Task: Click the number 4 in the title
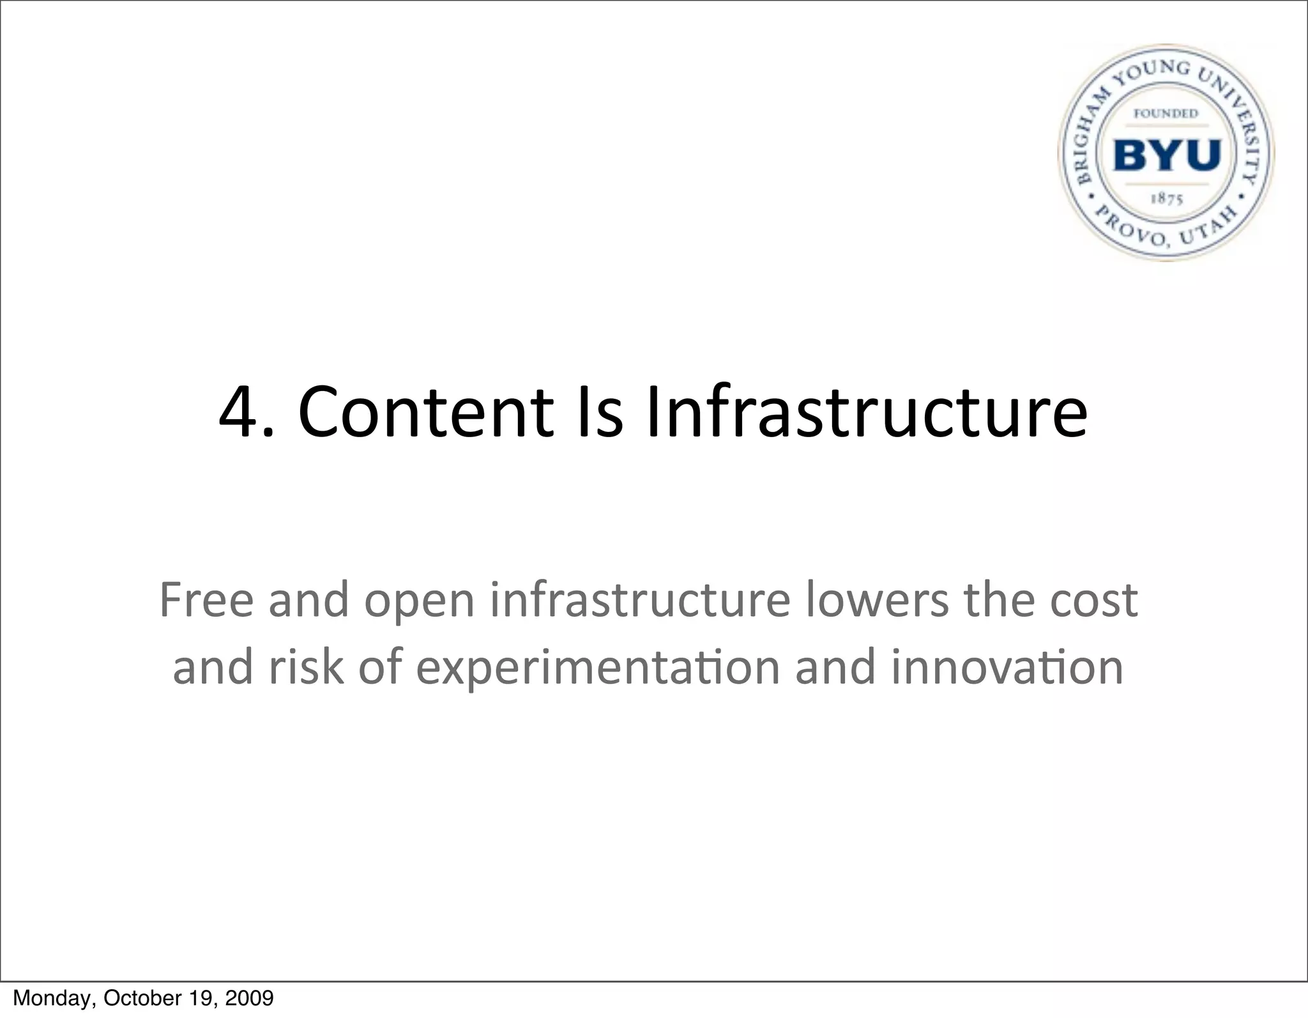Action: click(238, 412)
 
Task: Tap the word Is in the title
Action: click(599, 412)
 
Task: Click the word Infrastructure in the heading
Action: click(866, 412)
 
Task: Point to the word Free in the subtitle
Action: click(206, 600)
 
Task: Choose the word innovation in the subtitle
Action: click(1007, 667)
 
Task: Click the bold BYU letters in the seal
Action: click(1167, 155)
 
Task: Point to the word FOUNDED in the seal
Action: click(1166, 114)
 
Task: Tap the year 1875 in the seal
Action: click(1167, 199)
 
